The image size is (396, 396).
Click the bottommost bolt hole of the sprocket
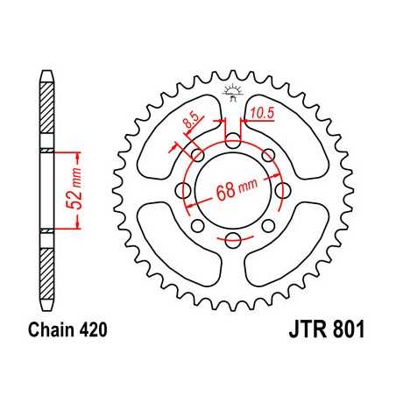[232, 241]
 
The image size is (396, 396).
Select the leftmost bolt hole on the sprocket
[185, 190]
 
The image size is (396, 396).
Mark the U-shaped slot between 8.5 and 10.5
[232, 140]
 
